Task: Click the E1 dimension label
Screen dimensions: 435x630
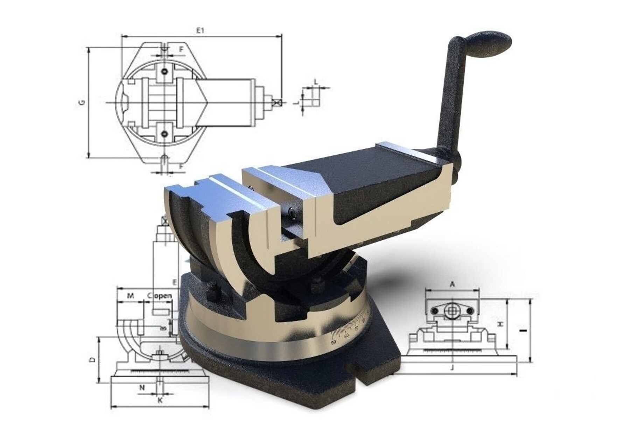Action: click(200, 30)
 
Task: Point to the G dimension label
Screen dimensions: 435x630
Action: click(82, 103)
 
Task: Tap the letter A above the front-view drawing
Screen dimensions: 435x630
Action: click(452, 285)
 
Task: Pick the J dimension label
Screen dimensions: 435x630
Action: click(452, 367)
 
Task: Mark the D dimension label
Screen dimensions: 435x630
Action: click(92, 359)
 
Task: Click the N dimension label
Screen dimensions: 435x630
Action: click(142, 387)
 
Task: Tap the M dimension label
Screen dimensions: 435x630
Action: click(130, 296)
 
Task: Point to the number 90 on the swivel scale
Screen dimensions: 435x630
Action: click(334, 341)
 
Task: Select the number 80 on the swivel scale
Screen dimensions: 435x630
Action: click(346, 336)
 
